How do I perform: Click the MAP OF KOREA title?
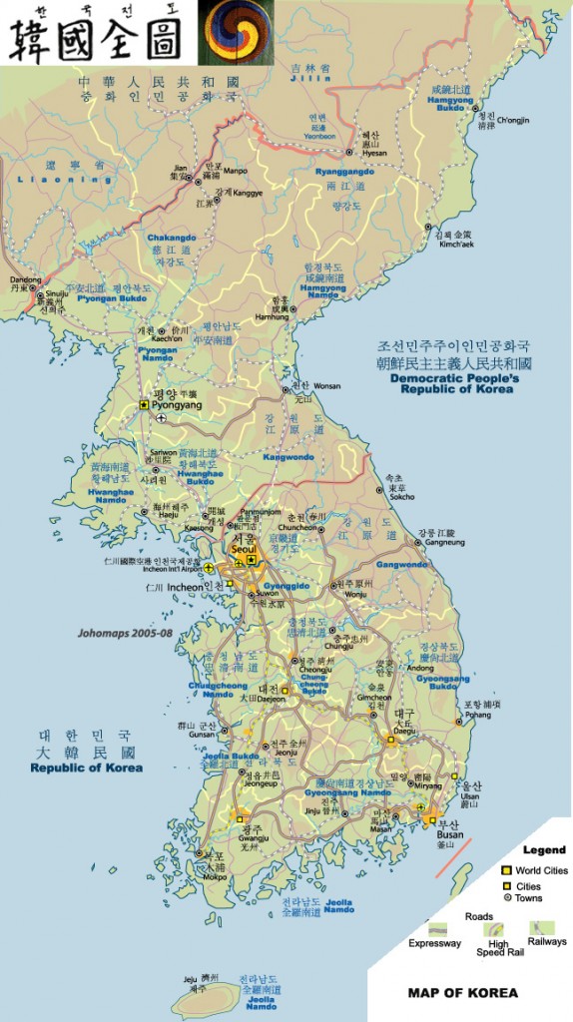462,992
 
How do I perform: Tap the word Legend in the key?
544,850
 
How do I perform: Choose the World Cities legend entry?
541,870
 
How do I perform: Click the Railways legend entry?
548,941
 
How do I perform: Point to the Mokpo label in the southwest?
215,877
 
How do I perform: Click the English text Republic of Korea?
86,767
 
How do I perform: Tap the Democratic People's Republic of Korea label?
452,384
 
